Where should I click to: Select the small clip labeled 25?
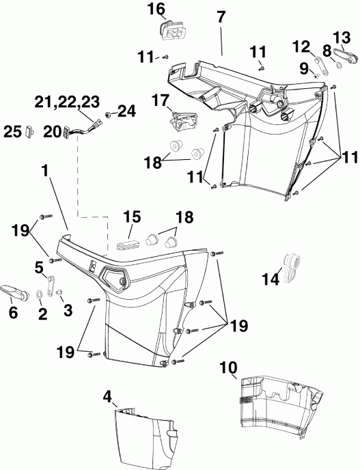29,131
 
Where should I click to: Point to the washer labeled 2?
38,294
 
